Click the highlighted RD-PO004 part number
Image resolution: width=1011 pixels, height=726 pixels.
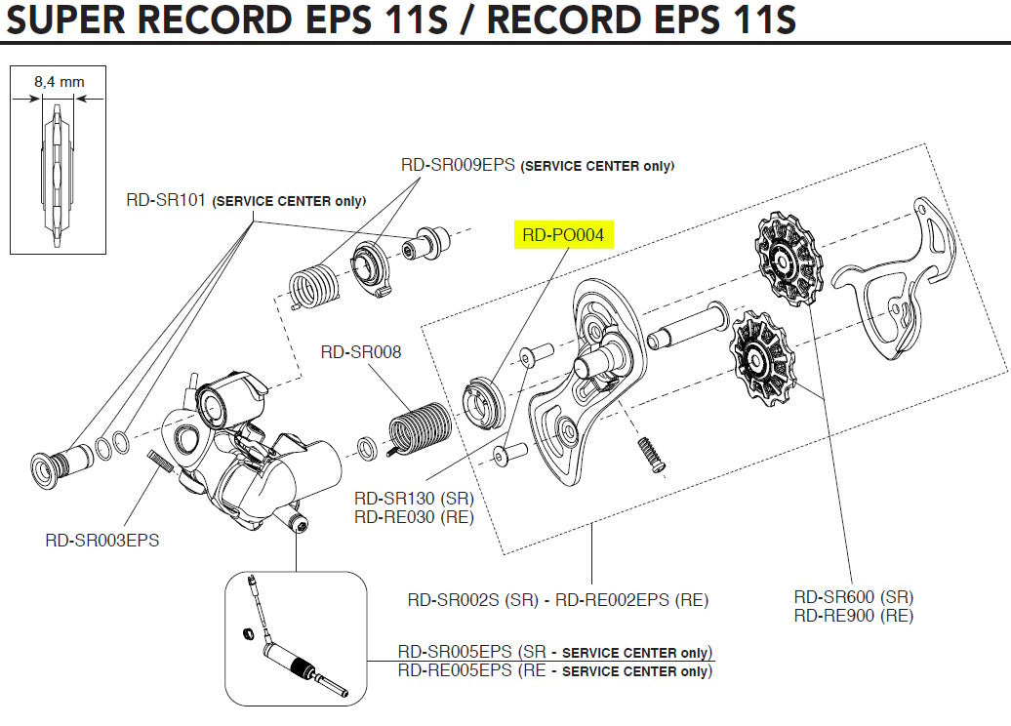click(x=563, y=235)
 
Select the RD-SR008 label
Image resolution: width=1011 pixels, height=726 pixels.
click(x=361, y=351)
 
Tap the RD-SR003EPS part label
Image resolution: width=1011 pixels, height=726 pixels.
click(x=101, y=540)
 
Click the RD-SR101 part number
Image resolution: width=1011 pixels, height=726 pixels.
click(x=166, y=201)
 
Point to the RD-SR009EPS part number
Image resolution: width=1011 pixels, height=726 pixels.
click(x=458, y=165)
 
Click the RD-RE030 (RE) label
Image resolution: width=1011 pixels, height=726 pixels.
click(x=413, y=517)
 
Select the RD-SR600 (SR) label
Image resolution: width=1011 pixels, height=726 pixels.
click(x=853, y=597)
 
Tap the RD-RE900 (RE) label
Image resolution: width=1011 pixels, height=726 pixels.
click(x=853, y=616)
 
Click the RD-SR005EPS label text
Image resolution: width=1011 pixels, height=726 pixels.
click(x=455, y=652)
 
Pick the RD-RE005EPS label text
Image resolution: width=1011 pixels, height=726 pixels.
click(x=455, y=670)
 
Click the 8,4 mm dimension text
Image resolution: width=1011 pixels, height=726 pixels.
click(x=59, y=83)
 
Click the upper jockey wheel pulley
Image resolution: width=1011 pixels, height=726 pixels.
click(x=789, y=258)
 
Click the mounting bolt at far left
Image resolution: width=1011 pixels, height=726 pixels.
click(x=56, y=465)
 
